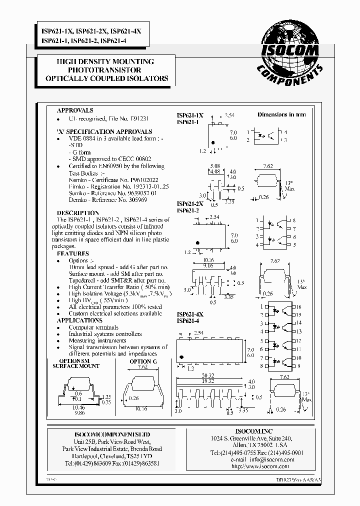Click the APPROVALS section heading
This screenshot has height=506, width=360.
pos(75,110)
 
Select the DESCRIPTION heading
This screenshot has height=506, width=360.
pos(74,212)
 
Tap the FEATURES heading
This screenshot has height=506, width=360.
pos(72,253)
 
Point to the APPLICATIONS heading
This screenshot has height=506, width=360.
pos(79,320)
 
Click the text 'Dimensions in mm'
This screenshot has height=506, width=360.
pos(281,114)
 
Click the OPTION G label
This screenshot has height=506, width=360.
pos(143,361)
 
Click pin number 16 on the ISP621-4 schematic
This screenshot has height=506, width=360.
pos(298,306)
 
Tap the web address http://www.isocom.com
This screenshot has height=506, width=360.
pos(260,466)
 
